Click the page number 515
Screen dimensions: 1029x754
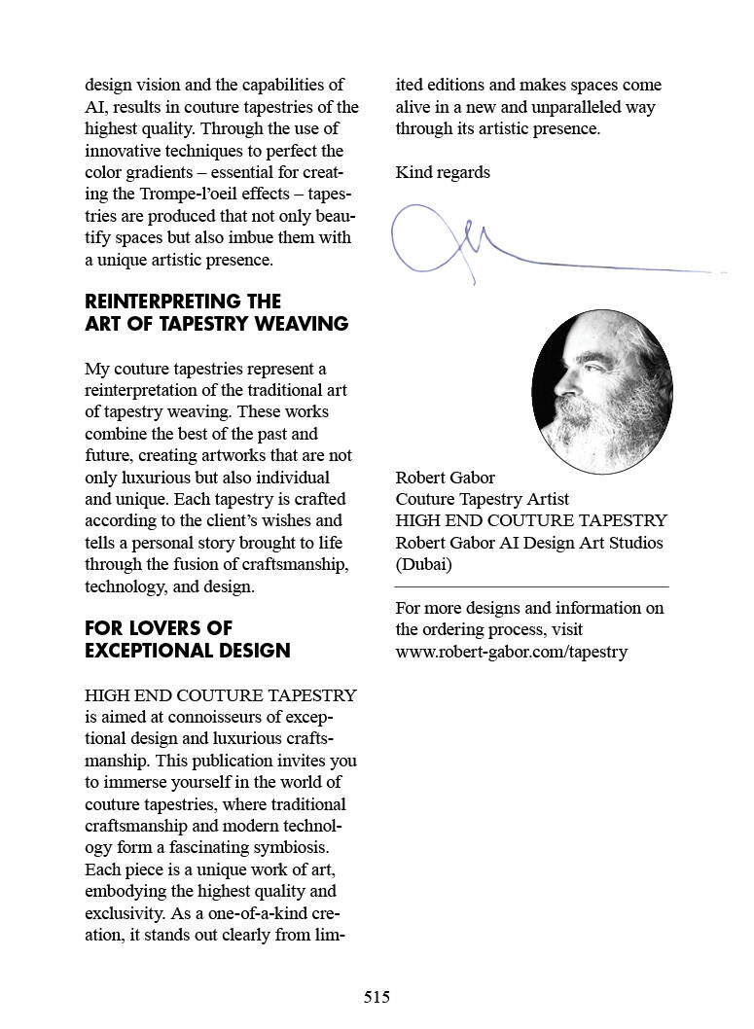coord(377,997)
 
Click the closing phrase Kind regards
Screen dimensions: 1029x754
coord(443,172)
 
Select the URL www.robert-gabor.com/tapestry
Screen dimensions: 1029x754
coord(511,651)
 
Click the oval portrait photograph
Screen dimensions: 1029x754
coord(601,391)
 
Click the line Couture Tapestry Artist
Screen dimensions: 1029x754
coord(482,499)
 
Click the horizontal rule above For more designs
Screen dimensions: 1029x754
coord(531,586)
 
